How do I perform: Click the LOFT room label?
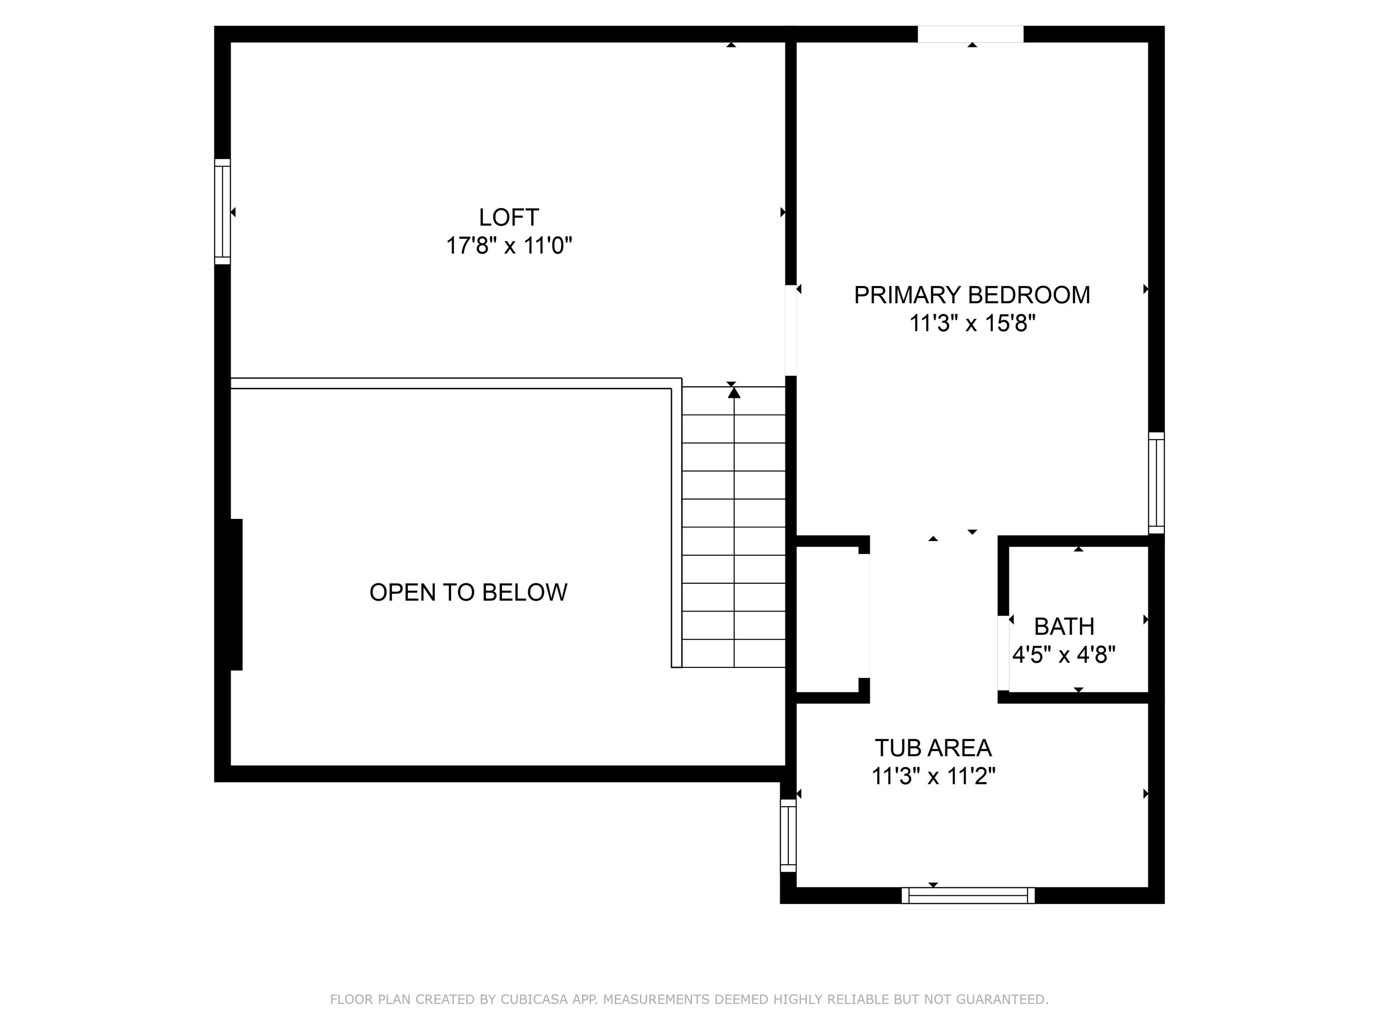pos(509,217)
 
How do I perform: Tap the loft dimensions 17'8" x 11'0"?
pos(509,246)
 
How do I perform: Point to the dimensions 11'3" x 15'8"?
pos(972,323)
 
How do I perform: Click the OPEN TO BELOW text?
pos(468,592)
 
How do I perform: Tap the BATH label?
pos(1064,626)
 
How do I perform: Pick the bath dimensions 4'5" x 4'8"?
pos(1064,655)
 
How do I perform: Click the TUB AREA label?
pos(933,747)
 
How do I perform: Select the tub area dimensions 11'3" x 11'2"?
pos(933,776)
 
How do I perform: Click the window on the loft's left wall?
pos(222,212)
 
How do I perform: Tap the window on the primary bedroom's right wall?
pos(1157,483)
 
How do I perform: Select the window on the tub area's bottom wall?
pos(968,895)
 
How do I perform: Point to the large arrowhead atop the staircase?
pos(735,392)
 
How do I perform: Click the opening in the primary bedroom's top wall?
pos(971,34)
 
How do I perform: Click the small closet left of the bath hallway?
pos(827,619)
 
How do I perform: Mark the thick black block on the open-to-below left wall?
pos(236,594)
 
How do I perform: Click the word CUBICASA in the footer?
pos(534,1000)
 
